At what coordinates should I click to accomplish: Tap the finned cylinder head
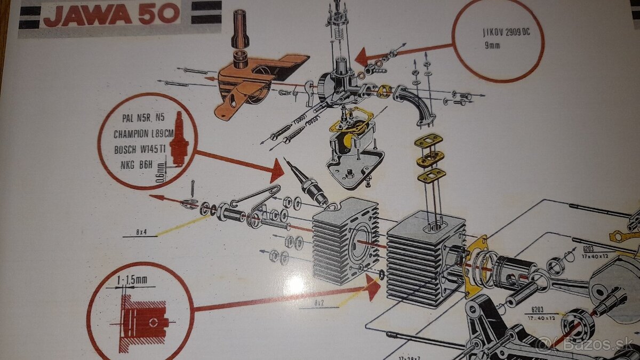coord(344,240)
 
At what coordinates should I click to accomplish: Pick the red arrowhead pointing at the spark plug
coord(277,170)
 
